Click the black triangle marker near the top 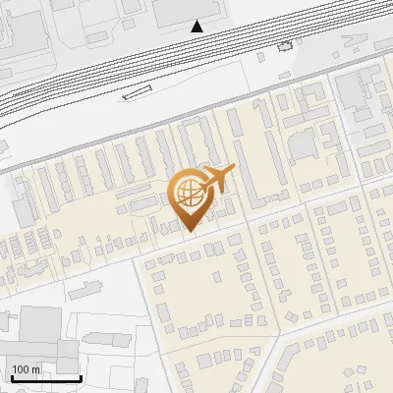pyautogui.click(x=197, y=26)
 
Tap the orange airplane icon pyautogui.click(x=217, y=180)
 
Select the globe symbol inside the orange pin pyautogui.click(x=191, y=195)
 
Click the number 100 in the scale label pyautogui.click(x=22, y=369)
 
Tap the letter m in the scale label pyautogui.click(x=37, y=369)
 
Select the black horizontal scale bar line pyautogui.click(x=45, y=378)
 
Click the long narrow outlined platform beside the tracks pyautogui.click(x=139, y=94)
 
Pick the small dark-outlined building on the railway pyautogui.click(x=285, y=46)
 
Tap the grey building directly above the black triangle pyautogui.click(x=187, y=8)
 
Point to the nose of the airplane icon pyautogui.click(x=234, y=169)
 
